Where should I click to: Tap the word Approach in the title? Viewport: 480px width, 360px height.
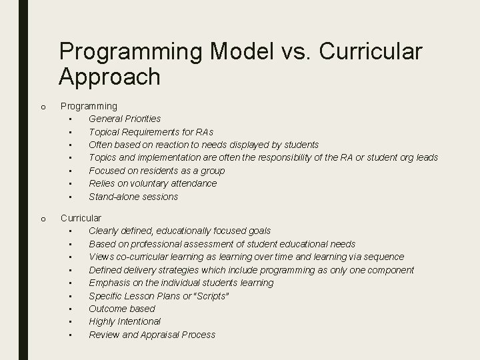pyautogui.click(x=109, y=77)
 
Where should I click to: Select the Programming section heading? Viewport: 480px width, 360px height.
pyautogui.click(x=89, y=105)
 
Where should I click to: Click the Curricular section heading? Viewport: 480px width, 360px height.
pyautogui.click(x=81, y=218)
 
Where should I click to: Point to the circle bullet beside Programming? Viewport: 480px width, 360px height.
pyautogui.click(x=42, y=106)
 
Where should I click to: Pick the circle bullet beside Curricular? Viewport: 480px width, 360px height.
pyautogui.click(x=42, y=219)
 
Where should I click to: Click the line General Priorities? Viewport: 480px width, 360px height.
pyautogui.click(x=125, y=119)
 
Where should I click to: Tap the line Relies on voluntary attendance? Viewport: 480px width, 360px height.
pyautogui.click(x=153, y=183)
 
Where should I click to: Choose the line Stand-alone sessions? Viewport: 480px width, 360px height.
pyautogui.click(x=133, y=197)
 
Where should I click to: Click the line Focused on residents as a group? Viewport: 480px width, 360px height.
pyautogui.click(x=157, y=171)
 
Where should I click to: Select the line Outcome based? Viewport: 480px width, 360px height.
pyautogui.click(x=122, y=309)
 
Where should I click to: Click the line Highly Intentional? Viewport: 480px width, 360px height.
pyautogui.click(x=125, y=321)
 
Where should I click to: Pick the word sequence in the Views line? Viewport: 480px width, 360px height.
pyautogui.click(x=381, y=257)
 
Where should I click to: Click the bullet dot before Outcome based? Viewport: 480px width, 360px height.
pyautogui.click(x=70, y=309)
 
